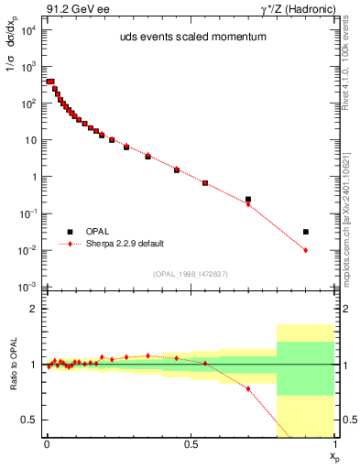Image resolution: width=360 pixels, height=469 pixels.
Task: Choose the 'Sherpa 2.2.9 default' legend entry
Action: (x=125, y=245)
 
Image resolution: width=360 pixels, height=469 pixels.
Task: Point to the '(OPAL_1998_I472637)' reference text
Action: (x=190, y=274)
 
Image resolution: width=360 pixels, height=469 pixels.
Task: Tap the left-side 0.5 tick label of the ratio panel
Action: (x=29, y=420)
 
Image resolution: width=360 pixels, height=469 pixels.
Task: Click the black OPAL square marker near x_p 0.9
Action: (x=305, y=232)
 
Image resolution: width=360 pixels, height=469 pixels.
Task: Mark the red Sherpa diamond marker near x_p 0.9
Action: (x=305, y=250)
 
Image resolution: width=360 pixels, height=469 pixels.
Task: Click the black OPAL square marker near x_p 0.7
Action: (x=247, y=199)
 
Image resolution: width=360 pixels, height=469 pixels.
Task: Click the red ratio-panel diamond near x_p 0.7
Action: (x=247, y=388)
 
